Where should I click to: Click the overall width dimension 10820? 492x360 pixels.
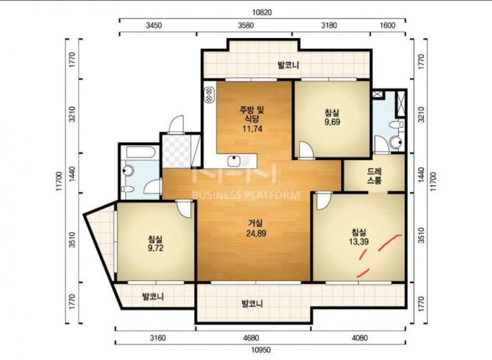[262, 12]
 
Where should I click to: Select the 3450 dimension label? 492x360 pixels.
[154, 26]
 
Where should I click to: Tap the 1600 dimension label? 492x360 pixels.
[388, 26]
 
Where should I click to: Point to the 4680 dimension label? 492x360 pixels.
[251, 338]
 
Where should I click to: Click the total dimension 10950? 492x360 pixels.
[260, 350]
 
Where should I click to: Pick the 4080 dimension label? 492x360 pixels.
[359, 338]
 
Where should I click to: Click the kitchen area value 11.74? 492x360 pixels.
[252, 129]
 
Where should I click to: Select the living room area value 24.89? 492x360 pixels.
[256, 233]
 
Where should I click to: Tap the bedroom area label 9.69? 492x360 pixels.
[332, 122]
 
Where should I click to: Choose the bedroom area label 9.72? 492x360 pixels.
[155, 248]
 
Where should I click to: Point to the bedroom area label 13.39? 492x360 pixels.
[359, 241]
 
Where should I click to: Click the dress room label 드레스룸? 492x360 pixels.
[375, 176]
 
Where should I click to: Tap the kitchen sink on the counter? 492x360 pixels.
[234, 161]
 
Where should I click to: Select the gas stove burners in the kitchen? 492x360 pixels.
[209, 94]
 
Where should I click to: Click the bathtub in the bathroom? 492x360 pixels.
[140, 152]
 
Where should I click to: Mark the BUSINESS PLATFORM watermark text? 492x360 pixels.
[246, 195]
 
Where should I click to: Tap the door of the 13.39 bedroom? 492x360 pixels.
[323, 201]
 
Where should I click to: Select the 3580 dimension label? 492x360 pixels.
[245, 26]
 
